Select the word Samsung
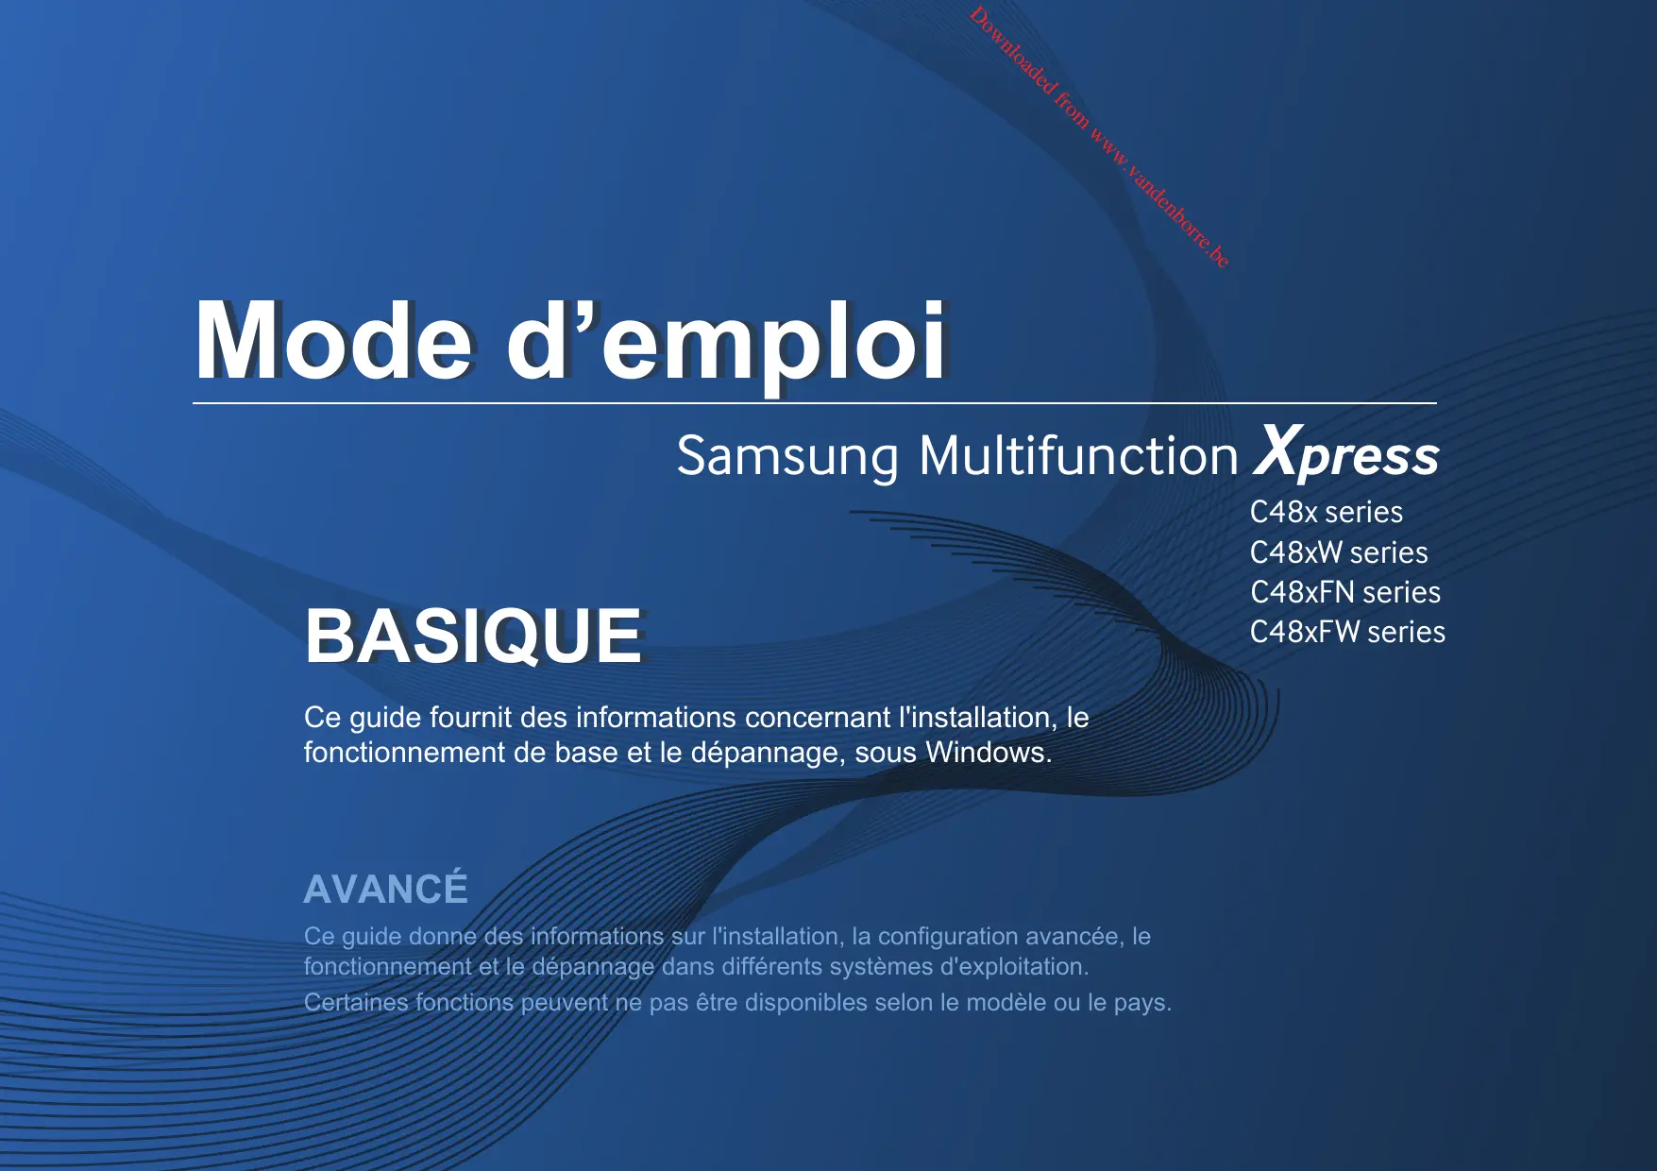[x=787, y=458]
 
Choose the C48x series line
[x=1327, y=512]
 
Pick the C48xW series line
[x=1339, y=552]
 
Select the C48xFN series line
[x=1345, y=592]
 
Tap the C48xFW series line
[x=1347, y=632]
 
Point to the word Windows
[x=989, y=753]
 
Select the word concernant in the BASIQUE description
[x=818, y=718]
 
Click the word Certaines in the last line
[x=356, y=1002]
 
